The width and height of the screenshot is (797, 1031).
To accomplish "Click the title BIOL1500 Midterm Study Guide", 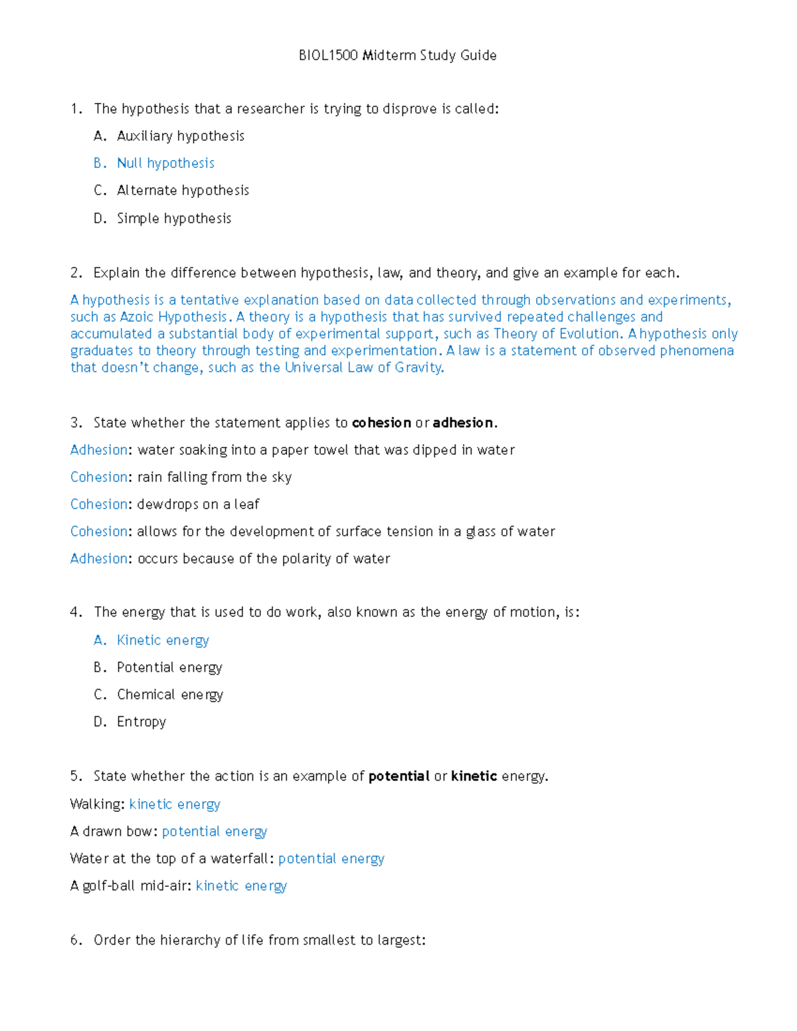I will [397, 55].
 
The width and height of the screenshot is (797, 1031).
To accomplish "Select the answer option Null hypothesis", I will [165, 163].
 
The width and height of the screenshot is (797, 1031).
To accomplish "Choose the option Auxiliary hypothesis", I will [181, 136].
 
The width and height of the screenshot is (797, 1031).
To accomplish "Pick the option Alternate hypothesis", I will [183, 191].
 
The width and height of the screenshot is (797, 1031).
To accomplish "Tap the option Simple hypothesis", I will [174, 218].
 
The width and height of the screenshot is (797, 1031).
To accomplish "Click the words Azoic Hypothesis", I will [173, 317].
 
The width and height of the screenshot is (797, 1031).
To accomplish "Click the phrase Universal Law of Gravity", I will [363, 368].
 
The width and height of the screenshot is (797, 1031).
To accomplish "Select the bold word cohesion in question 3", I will [381, 423].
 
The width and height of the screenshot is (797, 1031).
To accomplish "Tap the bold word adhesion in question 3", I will [463, 423].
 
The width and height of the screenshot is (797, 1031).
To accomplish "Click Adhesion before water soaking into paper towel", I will [98, 450].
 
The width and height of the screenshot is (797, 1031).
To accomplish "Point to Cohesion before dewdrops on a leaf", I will [98, 505].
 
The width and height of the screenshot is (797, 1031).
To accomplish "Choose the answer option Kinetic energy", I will [163, 640].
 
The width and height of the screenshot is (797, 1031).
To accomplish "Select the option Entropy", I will [141, 722].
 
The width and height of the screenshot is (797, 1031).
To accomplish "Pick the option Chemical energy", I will [170, 694].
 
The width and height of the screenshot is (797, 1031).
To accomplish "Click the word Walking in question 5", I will [96, 805].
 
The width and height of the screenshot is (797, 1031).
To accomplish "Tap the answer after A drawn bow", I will [215, 832].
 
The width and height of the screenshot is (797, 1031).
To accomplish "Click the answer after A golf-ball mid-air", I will [241, 886].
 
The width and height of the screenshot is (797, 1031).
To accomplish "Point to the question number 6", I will [75, 940].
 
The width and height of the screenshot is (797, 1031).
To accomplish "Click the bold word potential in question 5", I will [398, 776].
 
